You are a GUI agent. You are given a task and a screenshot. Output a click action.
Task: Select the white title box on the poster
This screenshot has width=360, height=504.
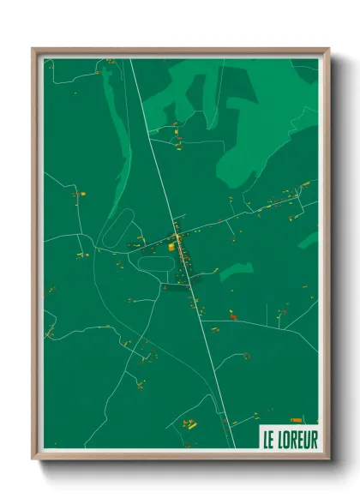tap(288, 439)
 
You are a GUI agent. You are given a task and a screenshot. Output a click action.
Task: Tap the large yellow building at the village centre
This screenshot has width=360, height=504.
tap(171, 246)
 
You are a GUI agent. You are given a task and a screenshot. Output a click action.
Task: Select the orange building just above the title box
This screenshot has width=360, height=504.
tap(297, 420)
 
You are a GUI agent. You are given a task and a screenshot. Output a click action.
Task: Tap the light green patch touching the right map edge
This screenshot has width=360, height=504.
tap(309, 240)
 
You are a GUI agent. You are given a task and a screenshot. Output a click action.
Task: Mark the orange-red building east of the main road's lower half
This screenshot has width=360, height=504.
tap(231, 316)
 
